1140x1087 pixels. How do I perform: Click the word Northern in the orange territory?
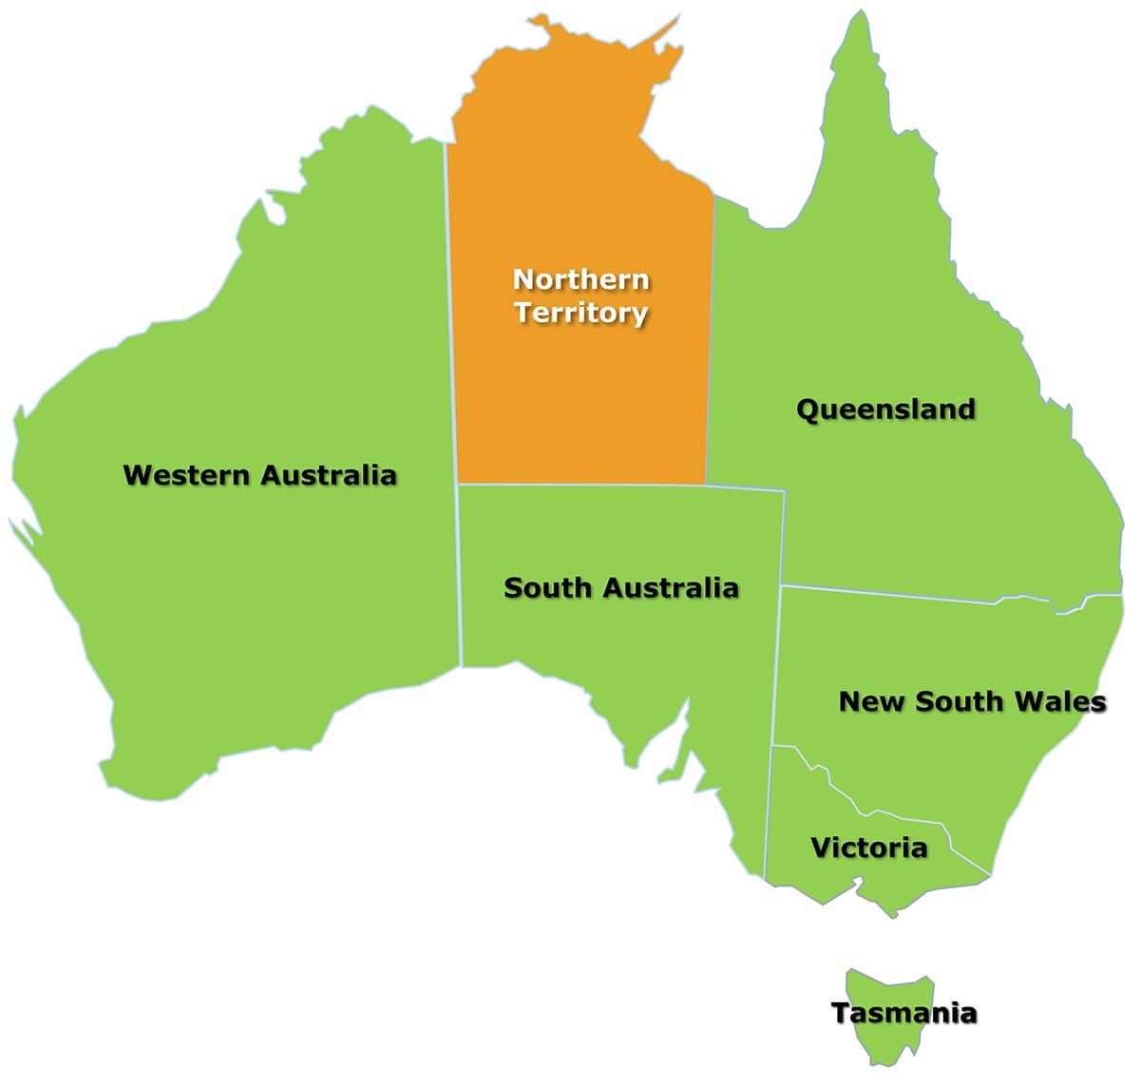(x=580, y=279)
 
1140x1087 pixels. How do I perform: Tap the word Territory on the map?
(x=581, y=313)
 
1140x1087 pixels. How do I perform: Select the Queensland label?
(x=885, y=410)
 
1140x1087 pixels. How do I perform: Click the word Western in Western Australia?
(x=187, y=475)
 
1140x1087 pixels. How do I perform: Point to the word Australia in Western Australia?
(x=328, y=475)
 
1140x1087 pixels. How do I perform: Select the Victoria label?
(x=868, y=848)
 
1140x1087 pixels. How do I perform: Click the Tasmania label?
(x=903, y=1014)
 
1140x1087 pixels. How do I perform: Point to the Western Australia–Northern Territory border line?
(x=451, y=314)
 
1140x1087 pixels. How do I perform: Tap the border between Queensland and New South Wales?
(x=902, y=596)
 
